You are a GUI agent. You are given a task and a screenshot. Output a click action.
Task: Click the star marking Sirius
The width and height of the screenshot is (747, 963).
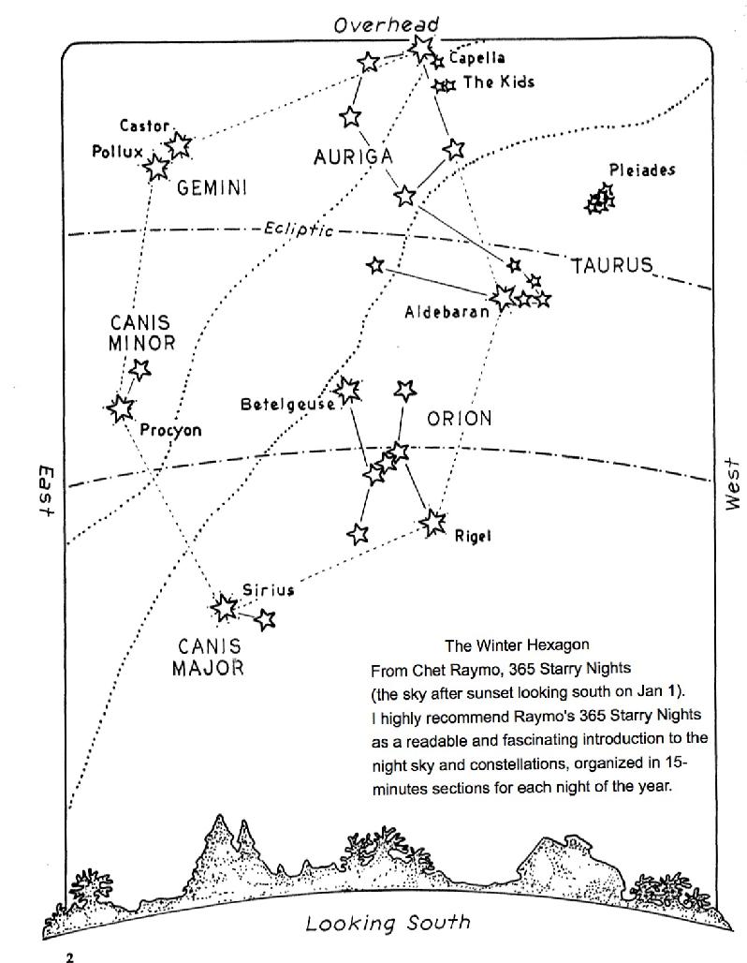pyautogui.click(x=225, y=608)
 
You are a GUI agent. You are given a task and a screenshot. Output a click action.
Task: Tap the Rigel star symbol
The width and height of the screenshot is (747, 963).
pyautogui.click(x=432, y=523)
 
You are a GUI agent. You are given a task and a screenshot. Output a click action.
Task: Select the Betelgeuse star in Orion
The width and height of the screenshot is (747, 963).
pyautogui.click(x=347, y=390)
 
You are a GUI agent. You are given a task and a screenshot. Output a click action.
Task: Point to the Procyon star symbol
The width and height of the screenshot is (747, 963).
pyautogui.click(x=120, y=408)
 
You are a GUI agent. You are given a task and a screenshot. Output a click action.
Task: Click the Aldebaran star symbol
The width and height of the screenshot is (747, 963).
pyautogui.click(x=504, y=298)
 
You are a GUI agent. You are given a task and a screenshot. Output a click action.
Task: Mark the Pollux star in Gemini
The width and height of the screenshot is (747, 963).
pyautogui.click(x=156, y=168)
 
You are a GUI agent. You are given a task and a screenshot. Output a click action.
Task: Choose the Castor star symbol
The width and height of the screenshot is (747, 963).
pyautogui.click(x=178, y=144)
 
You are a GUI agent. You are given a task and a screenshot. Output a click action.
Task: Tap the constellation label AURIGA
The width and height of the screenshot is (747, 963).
pyautogui.click(x=352, y=157)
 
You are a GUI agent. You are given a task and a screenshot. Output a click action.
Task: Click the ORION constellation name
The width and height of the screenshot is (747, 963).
pyautogui.click(x=459, y=419)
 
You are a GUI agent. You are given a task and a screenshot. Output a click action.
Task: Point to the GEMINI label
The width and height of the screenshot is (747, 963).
pyautogui.click(x=212, y=188)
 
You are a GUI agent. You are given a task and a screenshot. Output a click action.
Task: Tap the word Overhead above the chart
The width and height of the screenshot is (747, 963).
pyautogui.click(x=386, y=24)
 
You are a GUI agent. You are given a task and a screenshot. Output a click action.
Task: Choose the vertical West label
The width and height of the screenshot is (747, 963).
pyautogui.click(x=732, y=484)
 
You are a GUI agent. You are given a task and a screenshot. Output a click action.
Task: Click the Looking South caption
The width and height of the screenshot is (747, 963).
pyautogui.click(x=388, y=924)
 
